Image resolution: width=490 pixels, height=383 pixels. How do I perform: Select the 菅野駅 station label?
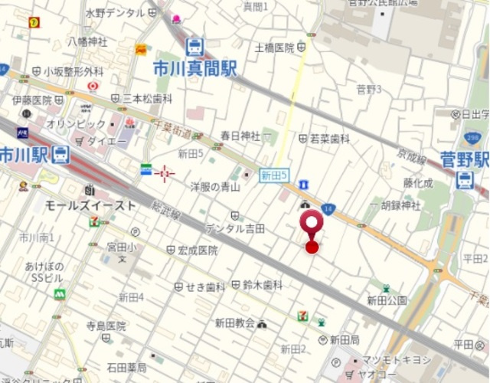click(464, 159)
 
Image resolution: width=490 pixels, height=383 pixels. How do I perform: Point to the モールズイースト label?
click(90, 205)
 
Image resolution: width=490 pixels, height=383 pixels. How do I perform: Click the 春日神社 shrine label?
click(240, 136)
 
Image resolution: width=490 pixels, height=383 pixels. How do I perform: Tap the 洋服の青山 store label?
click(215, 186)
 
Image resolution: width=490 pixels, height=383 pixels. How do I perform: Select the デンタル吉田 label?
click(235, 228)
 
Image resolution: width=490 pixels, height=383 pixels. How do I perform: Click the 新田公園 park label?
click(387, 300)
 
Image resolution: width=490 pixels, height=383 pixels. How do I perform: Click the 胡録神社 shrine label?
click(401, 205)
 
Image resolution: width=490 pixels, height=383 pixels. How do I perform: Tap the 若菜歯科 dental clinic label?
click(329, 139)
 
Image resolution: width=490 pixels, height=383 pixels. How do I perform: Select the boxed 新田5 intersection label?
click(273, 175)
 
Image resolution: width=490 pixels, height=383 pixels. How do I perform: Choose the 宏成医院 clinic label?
click(198, 250)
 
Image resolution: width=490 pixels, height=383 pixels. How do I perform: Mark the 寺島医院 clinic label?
click(106, 326)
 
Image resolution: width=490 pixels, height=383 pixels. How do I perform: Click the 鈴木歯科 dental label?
click(263, 285)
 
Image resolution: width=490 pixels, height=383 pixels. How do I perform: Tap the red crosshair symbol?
click(165, 174)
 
